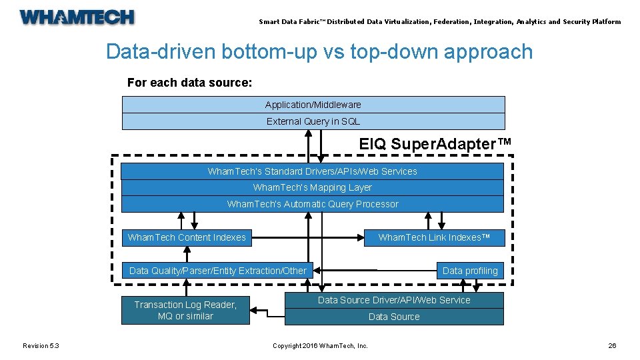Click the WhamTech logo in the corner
pyautogui.click(x=77, y=17)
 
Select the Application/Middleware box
pyautogui.click(x=313, y=105)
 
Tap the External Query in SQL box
pyautogui.click(x=313, y=121)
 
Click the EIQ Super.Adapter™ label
pyautogui.click(x=435, y=144)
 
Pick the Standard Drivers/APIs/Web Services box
pyautogui.click(x=312, y=171)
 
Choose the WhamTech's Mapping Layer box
pyautogui.click(x=312, y=188)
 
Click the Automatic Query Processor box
pyautogui.click(x=312, y=204)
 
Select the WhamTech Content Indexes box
pyautogui.click(x=187, y=237)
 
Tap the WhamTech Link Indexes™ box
pyautogui.click(x=433, y=237)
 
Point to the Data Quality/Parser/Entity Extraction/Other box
pyautogui.click(x=217, y=271)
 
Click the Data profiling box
pyautogui.click(x=470, y=271)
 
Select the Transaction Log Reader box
pyautogui.click(x=185, y=311)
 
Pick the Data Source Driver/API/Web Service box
pyautogui.click(x=394, y=300)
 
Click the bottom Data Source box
pyautogui.click(x=394, y=317)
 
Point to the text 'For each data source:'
pyautogui.click(x=189, y=83)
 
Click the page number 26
pyautogui.click(x=612, y=345)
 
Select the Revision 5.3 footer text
pyautogui.click(x=41, y=345)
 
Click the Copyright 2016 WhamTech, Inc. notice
pyautogui.click(x=320, y=345)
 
